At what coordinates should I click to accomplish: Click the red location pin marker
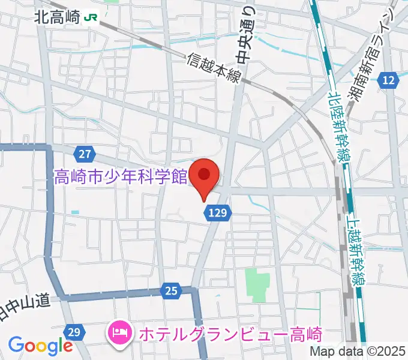(x=204, y=175)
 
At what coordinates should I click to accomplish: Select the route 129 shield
(x=218, y=211)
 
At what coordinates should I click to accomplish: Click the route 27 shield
(x=85, y=154)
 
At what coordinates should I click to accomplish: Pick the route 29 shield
(x=74, y=331)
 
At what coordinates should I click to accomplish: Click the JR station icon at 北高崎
(x=92, y=18)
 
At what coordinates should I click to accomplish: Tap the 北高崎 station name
(x=57, y=18)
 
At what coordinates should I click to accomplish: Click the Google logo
(x=40, y=346)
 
